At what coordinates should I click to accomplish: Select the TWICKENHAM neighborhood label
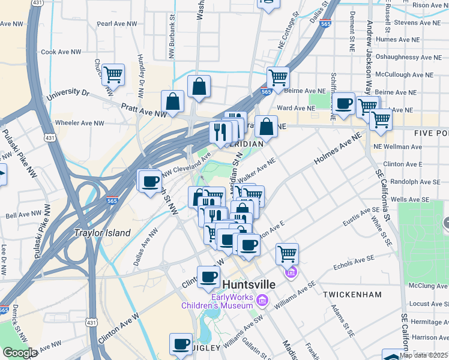pos(352,295)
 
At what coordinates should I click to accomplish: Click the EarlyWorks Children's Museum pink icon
pos(262,299)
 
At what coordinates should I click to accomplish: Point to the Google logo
pos(20,353)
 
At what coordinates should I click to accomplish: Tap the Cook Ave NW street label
pos(61,52)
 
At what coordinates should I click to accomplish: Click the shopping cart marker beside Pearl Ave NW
pos(113,75)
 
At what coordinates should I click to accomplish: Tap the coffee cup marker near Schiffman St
pos(344,104)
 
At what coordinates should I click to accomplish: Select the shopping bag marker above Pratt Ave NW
pos(173,102)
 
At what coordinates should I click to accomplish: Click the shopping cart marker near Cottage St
pos(278,77)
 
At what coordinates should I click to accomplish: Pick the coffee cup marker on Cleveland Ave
pos(150,180)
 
